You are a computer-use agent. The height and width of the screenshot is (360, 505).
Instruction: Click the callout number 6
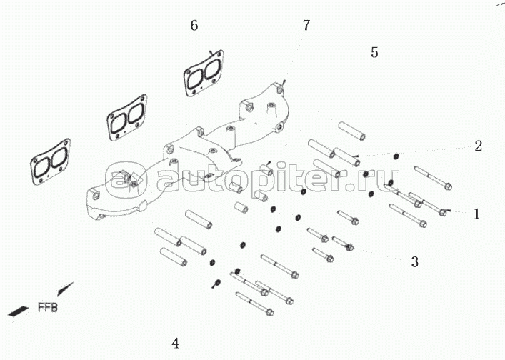click(x=194, y=26)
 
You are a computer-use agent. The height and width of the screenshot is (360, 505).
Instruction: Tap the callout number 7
click(x=306, y=25)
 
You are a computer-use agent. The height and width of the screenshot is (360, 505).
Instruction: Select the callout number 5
click(x=374, y=52)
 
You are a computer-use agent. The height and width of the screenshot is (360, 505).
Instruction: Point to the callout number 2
click(x=479, y=146)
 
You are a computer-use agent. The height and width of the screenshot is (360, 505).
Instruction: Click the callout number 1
click(x=476, y=214)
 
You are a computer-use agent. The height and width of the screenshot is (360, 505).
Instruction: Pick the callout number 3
click(x=415, y=262)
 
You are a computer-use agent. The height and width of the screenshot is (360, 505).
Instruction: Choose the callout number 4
click(x=175, y=343)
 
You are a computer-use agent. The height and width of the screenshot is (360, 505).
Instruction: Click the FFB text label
click(x=48, y=307)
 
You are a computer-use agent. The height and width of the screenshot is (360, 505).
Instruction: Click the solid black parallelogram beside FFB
click(x=18, y=311)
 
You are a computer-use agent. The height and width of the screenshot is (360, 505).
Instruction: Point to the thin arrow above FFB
click(x=66, y=289)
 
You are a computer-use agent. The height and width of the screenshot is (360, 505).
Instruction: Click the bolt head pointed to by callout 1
click(x=443, y=211)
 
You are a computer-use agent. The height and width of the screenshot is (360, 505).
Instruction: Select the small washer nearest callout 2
click(x=396, y=156)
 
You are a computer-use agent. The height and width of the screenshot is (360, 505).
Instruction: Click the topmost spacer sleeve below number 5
click(x=351, y=131)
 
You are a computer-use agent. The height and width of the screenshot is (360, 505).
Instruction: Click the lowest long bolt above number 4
click(x=254, y=304)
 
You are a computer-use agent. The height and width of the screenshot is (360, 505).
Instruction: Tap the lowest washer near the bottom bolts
click(x=217, y=283)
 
